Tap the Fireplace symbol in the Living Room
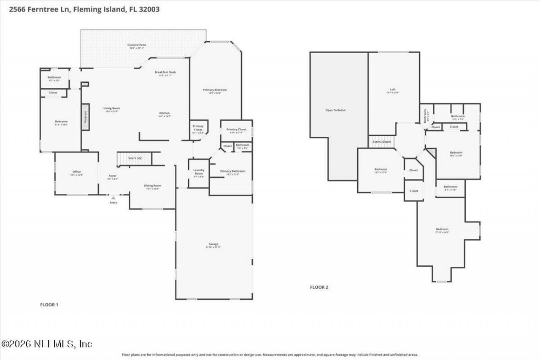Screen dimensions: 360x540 pyautogui.click(x=85, y=116)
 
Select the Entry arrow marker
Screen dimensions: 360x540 pyautogui.click(x=113, y=197)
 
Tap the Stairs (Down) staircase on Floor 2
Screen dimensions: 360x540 pyautogui.click(x=382, y=142)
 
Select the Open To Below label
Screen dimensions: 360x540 pyautogui.click(x=335, y=110)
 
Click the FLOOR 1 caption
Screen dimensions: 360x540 pyautogui.click(x=49, y=304)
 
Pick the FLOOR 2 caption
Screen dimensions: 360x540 pyautogui.click(x=319, y=287)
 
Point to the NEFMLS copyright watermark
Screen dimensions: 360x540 pyautogui.click(x=46, y=344)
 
